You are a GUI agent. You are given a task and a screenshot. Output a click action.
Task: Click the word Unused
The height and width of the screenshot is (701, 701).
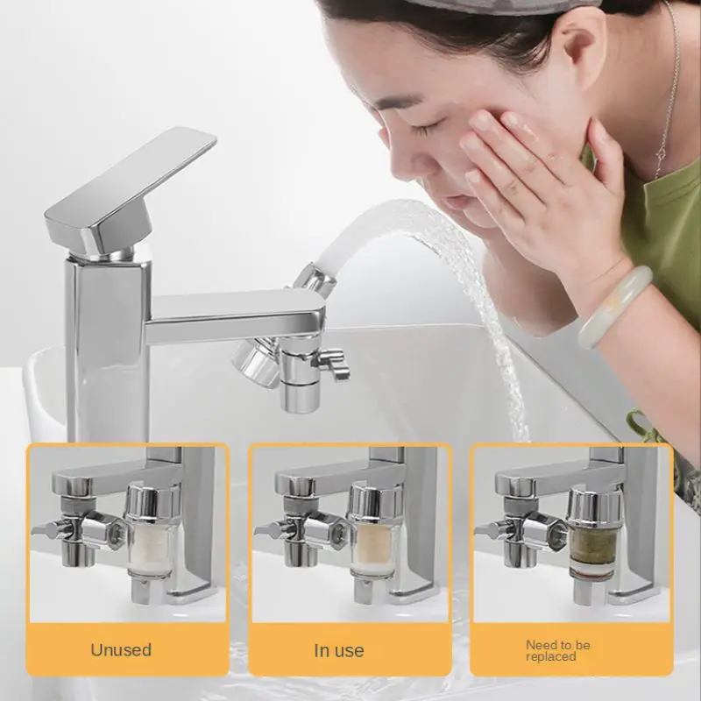[121, 649]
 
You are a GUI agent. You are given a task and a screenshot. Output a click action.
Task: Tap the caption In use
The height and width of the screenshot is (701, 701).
[339, 650]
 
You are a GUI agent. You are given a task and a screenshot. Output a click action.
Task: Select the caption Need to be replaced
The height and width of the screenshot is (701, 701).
[557, 650]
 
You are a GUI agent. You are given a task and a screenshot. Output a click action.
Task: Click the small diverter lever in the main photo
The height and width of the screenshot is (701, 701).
[333, 360]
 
